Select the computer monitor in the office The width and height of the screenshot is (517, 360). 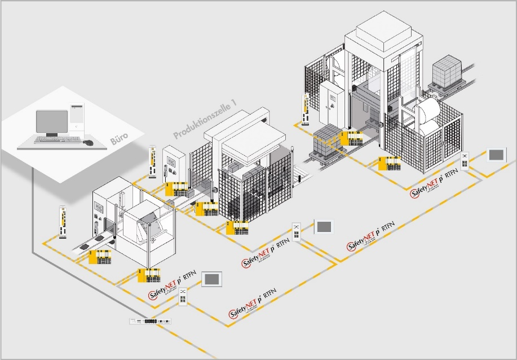coord(52,122)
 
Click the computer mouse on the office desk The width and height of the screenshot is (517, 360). coord(87,142)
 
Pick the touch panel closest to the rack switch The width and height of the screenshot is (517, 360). coord(213,279)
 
